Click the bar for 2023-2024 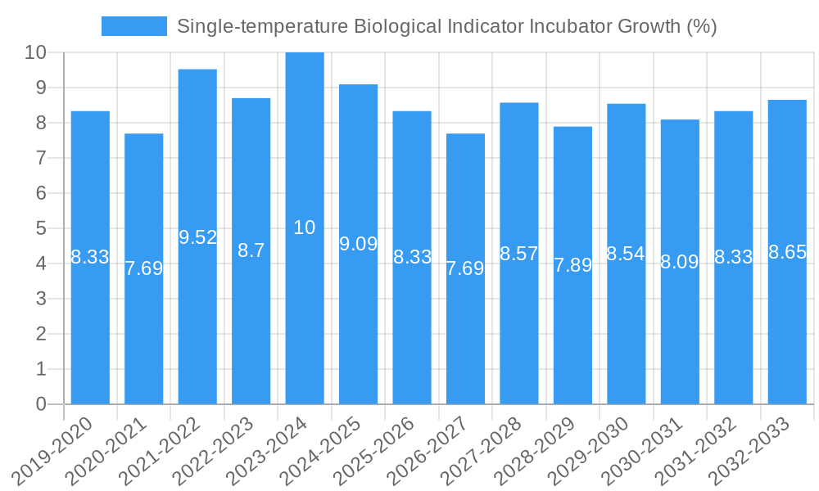coord(305,228)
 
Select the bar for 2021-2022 coord(197,236)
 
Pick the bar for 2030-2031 coord(680,262)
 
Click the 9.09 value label coord(358,244)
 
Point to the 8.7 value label coord(251,251)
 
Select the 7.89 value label coord(572,265)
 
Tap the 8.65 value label coord(787,252)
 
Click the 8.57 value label coord(518,254)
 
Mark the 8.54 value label coord(626,254)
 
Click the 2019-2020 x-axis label coord(55,451)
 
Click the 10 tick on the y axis coord(35,53)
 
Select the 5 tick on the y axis coord(41,229)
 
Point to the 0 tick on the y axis coord(41,404)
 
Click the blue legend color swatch coord(133,26)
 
